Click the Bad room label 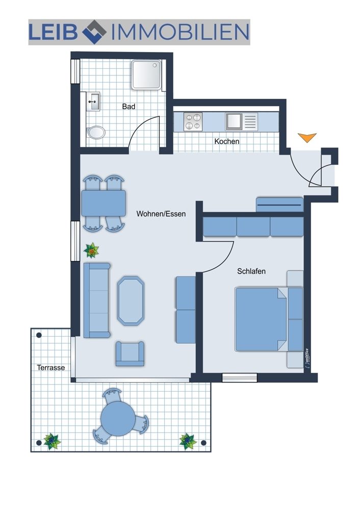[x=128, y=107]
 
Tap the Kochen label [x=227, y=141]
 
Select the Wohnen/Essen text [x=161, y=214]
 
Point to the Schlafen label [x=251, y=271]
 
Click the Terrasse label [x=50, y=368]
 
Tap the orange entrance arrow [x=307, y=138]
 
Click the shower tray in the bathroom [x=146, y=75]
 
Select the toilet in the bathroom [x=96, y=133]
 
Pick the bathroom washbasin [x=93, y=101]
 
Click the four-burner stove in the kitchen [x=193, y=122]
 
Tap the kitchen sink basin [x=234, y=121]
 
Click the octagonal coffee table [x=131, y=301]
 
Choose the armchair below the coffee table [x=130, y=353]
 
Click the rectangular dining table [x=104, y=203]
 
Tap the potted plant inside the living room [x=91, y=251]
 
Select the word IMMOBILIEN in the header [x=180, y=32]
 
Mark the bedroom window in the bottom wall [x=240, y=377]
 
